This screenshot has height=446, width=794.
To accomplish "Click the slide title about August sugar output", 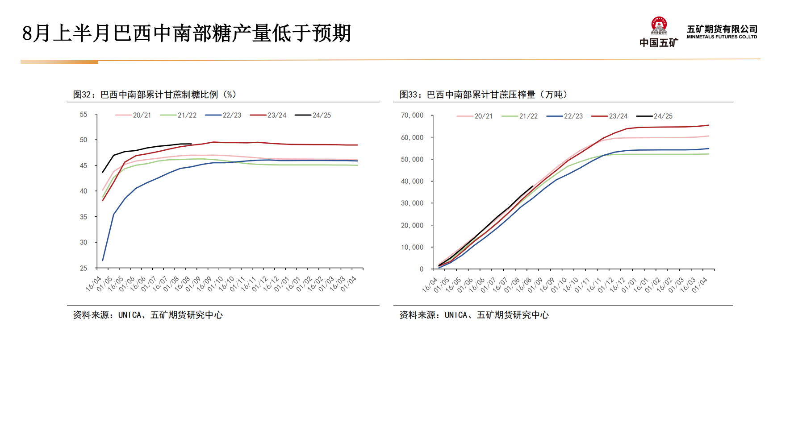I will (187, 33).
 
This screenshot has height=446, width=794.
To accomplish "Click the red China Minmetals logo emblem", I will (659, 26).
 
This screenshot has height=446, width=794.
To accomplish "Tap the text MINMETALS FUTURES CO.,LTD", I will (722, 37).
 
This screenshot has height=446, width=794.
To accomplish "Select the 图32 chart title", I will (155, 95).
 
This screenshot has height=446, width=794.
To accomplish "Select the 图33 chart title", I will (483, 95).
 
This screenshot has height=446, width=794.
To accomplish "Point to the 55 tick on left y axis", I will (84, 115).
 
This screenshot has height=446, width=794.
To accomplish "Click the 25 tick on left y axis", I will (84, 268).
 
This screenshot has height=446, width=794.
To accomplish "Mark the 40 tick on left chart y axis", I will (84, 191).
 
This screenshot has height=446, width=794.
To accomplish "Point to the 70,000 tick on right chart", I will (412, 116).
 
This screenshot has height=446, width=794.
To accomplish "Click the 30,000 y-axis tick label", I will (412, 203).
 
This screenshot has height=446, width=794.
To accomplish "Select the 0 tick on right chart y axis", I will (421, 269).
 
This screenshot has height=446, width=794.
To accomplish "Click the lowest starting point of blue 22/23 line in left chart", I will (103, 260).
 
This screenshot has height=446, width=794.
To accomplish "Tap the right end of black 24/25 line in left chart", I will (191, 144).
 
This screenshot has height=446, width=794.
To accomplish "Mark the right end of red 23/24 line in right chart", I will (709, 125).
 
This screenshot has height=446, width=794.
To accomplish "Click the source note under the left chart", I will (148, 315).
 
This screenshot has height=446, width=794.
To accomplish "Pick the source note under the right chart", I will (474, 315).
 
